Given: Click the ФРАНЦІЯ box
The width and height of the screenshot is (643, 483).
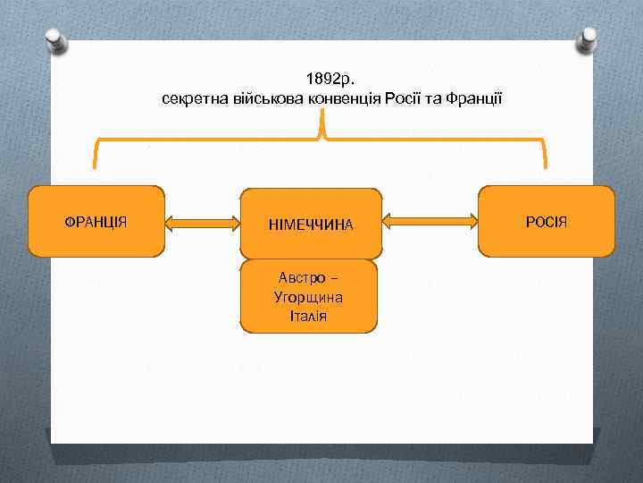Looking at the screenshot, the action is [97, 221].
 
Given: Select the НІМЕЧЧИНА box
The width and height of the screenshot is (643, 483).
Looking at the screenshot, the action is [311, 224].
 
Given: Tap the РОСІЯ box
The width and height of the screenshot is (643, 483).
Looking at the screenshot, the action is [547, 221].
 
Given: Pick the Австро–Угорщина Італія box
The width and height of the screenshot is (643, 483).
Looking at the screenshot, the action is [309, 296].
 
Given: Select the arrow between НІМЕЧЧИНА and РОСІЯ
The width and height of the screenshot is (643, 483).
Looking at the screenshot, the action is [430, 221].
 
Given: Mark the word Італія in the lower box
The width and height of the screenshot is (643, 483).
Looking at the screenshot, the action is [309, 315].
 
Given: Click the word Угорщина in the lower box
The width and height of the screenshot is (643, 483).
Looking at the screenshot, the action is [309, 296].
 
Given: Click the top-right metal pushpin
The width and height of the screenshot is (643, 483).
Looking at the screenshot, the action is [589, 38].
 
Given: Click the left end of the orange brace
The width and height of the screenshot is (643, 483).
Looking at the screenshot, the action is [94, 164].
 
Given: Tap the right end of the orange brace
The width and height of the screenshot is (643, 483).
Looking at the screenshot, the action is [545, 164].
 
